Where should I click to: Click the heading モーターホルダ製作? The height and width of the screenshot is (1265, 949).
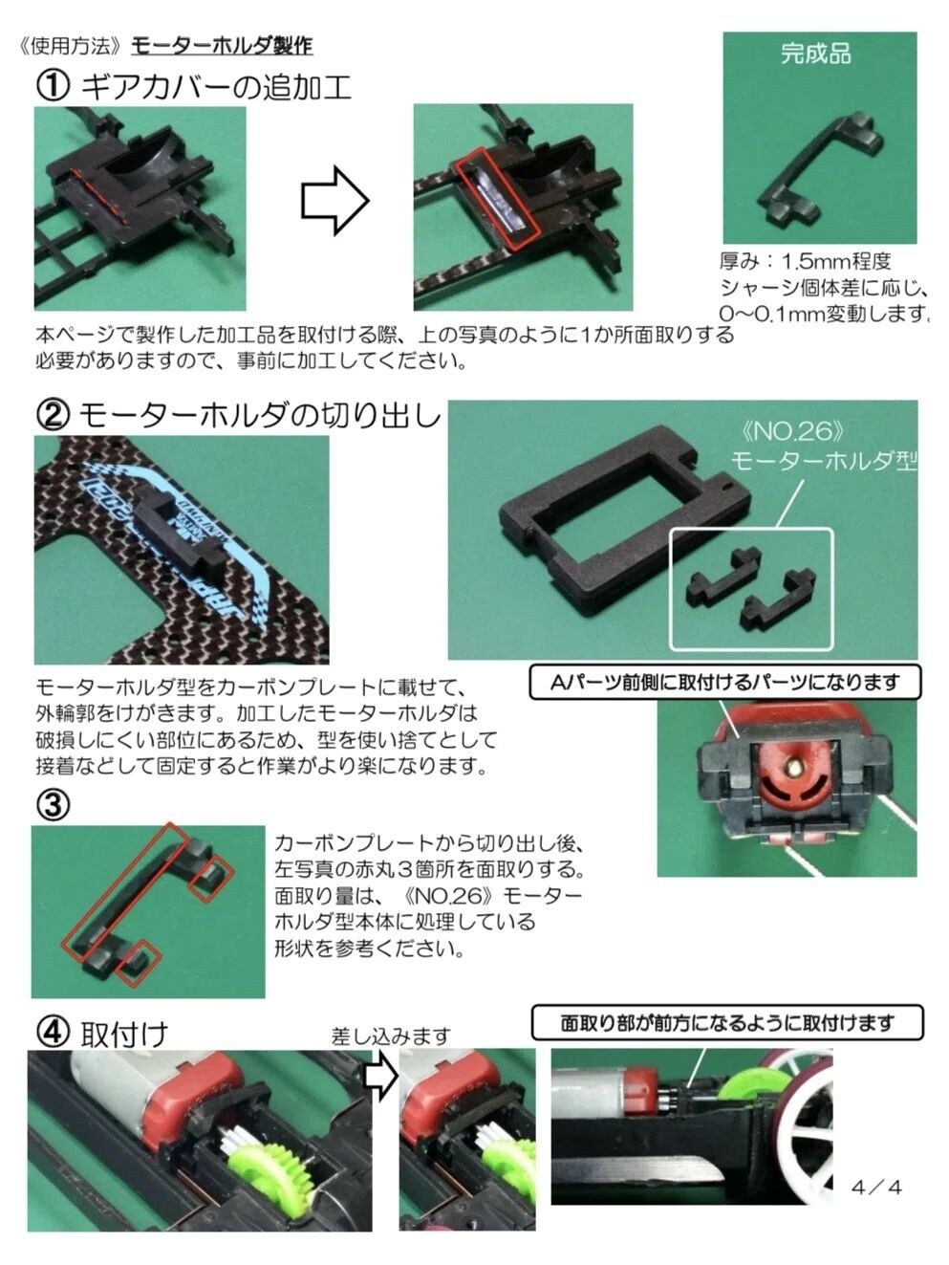[x=222, y=46]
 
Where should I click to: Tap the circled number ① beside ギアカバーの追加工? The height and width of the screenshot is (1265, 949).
[x=53, y=88]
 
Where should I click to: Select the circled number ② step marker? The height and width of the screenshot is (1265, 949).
[x=53, y=416]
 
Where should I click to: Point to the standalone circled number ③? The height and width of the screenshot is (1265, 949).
[x=53, y=804]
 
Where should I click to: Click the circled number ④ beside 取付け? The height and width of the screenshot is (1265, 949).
[x=53, y=1034]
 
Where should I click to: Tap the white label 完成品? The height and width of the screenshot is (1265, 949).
[x=815, y=54]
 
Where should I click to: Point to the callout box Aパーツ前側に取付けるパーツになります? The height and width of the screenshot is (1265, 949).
[x=725, y=683]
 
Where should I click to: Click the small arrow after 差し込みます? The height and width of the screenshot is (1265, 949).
[x=382, y=1077]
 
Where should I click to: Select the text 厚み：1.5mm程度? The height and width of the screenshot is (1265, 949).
[x=805, y=262]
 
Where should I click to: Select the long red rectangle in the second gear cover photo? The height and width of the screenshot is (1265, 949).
[x=497, y=200]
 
